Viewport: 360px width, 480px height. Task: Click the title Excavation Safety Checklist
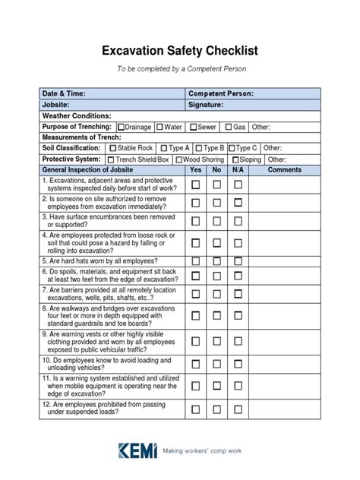click(180, 51)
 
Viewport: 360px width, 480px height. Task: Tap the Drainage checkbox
click(121, 127)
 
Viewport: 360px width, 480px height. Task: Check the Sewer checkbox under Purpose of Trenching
click(194, 127)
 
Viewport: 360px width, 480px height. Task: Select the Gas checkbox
click(228, 127)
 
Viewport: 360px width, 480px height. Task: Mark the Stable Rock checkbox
click(113, 148)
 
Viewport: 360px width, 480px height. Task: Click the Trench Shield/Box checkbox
click(111, 159)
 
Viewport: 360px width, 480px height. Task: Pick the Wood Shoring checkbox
click(179, 159)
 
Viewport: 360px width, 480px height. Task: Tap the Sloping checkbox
click(235, 159)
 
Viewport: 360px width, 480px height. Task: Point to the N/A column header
click(238, 170)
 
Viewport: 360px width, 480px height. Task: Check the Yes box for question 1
click(196, 185)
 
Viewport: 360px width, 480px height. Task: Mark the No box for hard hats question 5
click(217, 260)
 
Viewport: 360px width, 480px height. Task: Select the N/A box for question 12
click(238, 409)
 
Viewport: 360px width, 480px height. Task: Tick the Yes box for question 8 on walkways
click(196, 314)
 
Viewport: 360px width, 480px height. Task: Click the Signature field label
click(207, 105)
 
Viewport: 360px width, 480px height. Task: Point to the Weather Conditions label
click(77, 115)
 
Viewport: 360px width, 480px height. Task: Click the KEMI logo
click(137, 451)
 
